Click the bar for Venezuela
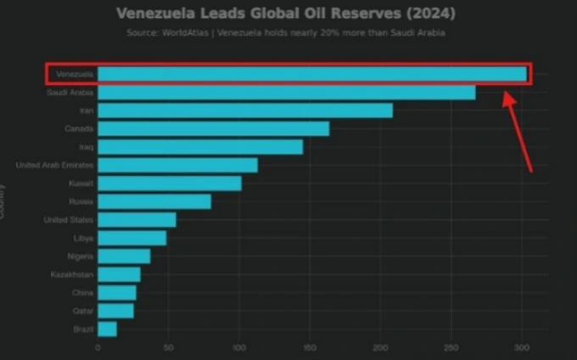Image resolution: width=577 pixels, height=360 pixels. (x=311, y=75)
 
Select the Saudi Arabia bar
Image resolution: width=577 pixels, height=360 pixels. (x=286, y=93)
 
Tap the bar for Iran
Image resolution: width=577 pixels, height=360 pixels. (x=245, y=110)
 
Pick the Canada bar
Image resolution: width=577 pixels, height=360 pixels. (x=213, y=129)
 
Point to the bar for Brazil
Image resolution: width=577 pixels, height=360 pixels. (x=107, y=329)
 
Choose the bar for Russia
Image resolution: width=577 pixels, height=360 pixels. (x=154, y=201)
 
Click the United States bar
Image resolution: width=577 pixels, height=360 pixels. (x=137, y=220)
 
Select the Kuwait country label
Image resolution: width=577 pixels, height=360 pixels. (x=81, y=183)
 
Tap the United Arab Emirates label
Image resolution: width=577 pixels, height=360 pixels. (x=55, y=165)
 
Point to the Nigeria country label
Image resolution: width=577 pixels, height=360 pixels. (x=80, y=256)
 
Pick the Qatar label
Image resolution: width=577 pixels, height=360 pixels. (x=83, y=311)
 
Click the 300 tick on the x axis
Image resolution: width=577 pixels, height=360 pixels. (x=522, y=348)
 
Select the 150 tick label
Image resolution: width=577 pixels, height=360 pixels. (x=310, y=348)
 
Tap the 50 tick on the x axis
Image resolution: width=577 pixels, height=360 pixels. (x=168, y=348)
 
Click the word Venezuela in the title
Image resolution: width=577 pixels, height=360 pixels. (x=154, y=14)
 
